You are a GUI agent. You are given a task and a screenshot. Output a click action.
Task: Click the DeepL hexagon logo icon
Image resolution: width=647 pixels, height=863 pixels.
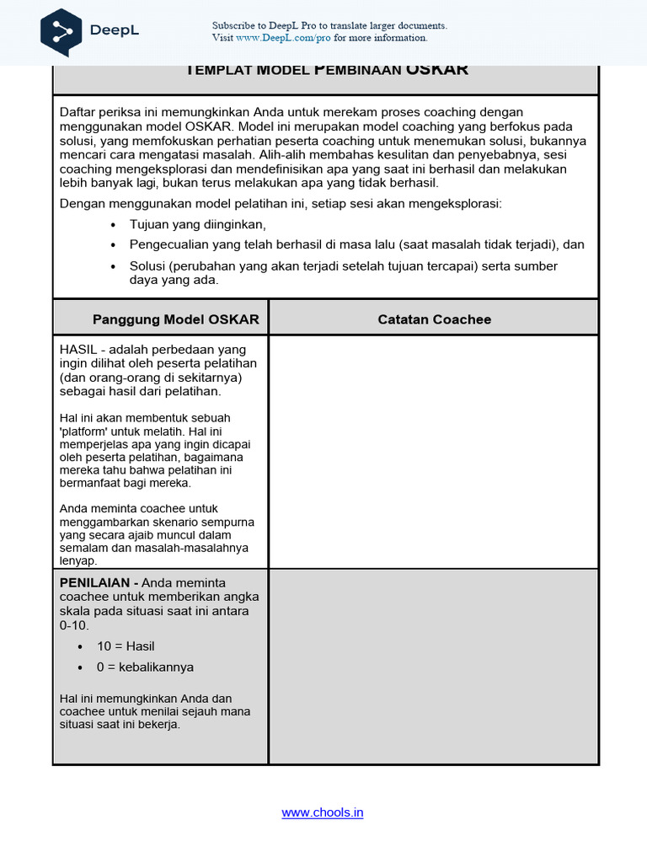[61, 31]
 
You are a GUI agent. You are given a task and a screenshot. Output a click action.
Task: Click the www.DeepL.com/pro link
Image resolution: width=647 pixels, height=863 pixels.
[283, 38]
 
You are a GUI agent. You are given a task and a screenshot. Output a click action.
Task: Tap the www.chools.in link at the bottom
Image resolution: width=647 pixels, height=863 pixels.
[323, 812]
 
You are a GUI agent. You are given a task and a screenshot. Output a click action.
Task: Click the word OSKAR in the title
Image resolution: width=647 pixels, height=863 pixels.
[436, 70]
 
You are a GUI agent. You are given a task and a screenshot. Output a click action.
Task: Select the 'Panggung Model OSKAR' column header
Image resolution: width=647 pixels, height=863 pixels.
[176, 319]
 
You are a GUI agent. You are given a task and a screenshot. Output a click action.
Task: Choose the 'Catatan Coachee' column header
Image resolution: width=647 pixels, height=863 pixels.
[434, 319]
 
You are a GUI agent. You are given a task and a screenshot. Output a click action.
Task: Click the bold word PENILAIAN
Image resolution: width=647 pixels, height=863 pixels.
[94, 582]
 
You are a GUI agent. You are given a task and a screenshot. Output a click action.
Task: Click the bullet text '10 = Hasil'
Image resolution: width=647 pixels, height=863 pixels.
[126, 646]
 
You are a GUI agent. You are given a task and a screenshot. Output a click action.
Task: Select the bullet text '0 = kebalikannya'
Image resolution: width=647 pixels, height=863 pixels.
[145, 667]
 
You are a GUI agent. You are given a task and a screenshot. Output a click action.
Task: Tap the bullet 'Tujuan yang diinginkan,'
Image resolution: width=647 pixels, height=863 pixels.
[197, 224]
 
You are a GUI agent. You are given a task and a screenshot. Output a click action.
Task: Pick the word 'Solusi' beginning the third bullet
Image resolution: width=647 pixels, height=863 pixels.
[147, 265]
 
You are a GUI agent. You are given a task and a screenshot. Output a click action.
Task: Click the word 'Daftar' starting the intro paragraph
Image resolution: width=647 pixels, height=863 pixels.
[78, 112]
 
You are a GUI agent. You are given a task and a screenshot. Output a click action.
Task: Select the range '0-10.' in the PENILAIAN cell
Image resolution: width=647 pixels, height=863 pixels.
[74, 626]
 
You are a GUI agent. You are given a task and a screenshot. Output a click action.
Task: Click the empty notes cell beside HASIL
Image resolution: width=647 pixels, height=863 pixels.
[433, 451]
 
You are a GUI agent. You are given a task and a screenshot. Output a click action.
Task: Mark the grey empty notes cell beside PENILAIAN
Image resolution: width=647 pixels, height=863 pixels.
[433, 666]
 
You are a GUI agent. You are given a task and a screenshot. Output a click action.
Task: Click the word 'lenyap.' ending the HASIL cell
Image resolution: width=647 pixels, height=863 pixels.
[78, 560]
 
